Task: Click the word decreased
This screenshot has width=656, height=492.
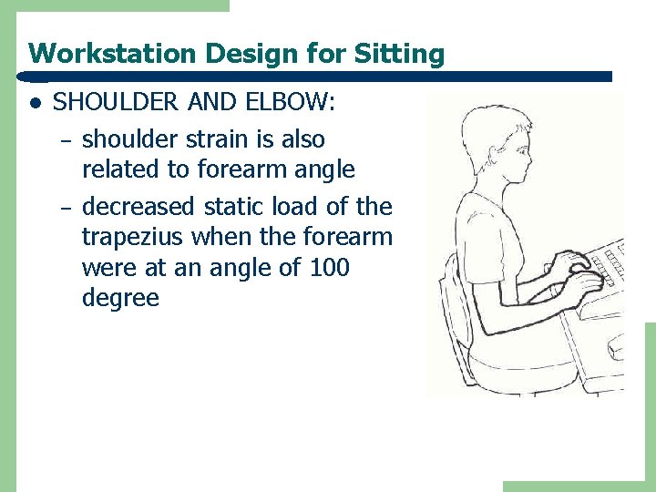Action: pyautogui.click(x=137, y=208)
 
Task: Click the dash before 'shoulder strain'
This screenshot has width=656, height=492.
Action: pyautogui.click(x=64, y=141)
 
